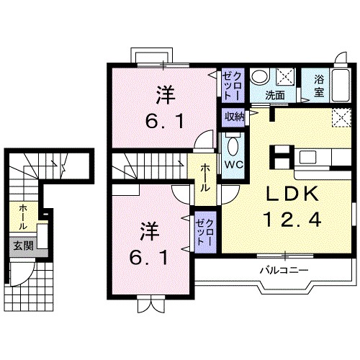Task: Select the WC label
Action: [233, 163]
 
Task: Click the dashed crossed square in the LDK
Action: [340, 117]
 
